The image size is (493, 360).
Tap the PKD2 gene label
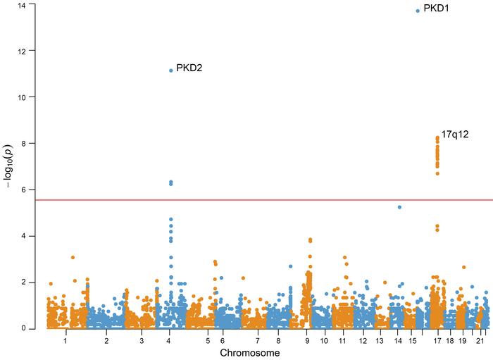[x=189, y=68]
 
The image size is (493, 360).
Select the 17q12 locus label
[x=455, y=134]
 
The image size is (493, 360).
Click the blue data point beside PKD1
[x=418, y=11]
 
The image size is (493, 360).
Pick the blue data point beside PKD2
[x=171, y=70]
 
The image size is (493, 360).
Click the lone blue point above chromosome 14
[x=399, y=207]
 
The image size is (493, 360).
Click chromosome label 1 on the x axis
[x=65, y=340]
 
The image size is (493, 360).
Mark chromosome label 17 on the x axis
[x=437, y=340]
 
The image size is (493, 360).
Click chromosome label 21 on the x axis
[x=480, y=340]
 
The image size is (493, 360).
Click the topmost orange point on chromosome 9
[x=310, y=240]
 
